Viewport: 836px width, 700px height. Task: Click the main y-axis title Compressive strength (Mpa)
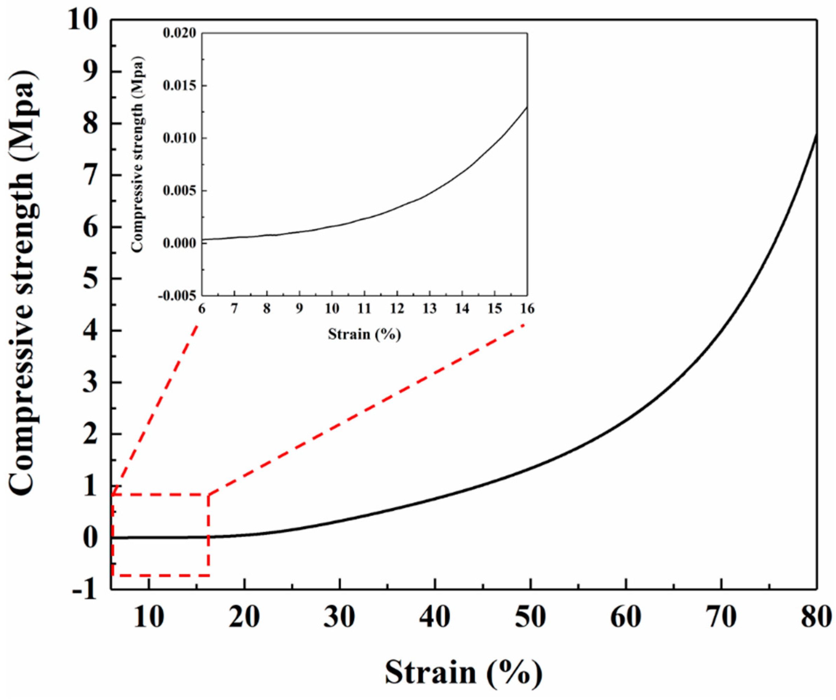click(x=25, y=283)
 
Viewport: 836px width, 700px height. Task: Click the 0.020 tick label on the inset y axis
click(x=179, y=33)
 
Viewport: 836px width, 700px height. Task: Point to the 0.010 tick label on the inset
click(x=179, y=138)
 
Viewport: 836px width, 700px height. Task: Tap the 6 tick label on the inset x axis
click(x=202, y=309)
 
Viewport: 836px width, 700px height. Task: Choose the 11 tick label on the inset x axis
click(x=364, y=309)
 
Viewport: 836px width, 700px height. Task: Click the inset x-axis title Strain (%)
click(x=364, y=334)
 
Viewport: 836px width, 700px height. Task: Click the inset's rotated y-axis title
click(x=137, y=155)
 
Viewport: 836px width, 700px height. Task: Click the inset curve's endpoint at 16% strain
click(x=527, y=107)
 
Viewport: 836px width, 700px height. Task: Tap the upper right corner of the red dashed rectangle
click(x=208, y=495)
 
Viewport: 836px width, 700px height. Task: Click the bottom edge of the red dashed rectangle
click(x=159, y=575)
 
